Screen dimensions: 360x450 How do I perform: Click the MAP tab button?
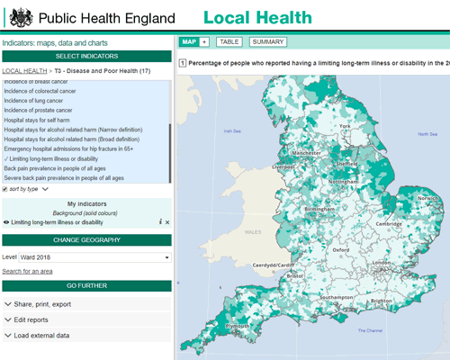(x=189, y=41)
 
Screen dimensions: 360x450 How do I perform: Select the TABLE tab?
(x=229, y=41)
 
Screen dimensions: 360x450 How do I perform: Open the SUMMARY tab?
(x=268, y=41)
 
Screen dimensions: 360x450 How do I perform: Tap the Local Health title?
(x=257, y=18)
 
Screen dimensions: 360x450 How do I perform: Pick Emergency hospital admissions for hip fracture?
(x=81, y=148)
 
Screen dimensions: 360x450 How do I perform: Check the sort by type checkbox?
(x=4, y=190)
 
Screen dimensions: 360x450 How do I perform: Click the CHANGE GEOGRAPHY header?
(x=86, y=239)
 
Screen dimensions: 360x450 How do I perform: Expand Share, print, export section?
(x=86, y=304)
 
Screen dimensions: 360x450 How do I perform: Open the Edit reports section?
(x=86, y=319)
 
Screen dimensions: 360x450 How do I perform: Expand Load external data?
(x=86, y=335)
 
